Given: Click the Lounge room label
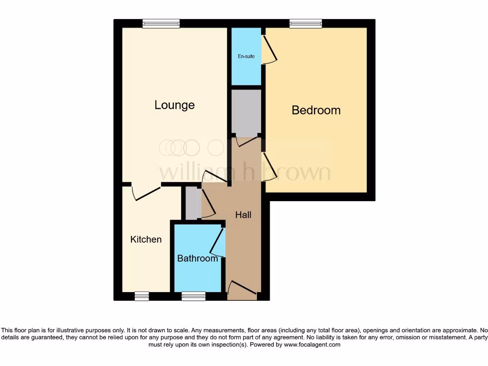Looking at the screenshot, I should [x=174, y=105].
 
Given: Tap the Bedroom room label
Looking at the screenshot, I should [x=316, y=110].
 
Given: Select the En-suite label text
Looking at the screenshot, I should [x=246, y=56].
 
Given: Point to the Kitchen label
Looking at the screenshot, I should [x=146, y=239].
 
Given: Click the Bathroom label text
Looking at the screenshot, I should [x=197, y=258].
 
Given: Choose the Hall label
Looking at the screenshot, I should [x=243, y=215].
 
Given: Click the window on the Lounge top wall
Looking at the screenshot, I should [x=161, y=23].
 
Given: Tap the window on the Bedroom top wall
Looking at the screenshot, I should [x=305, y=23].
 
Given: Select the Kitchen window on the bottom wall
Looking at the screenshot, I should [x=142, y=296].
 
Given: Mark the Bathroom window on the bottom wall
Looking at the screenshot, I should [x=193, y=296].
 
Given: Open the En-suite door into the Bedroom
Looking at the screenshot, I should [x=270, y=50].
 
